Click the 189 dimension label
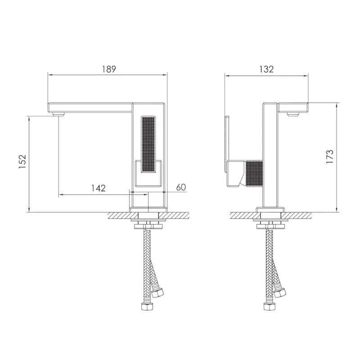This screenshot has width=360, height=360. tap(109, 69)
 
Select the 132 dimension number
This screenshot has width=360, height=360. tap(266, 69)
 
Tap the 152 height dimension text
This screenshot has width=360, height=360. tap(22, 162)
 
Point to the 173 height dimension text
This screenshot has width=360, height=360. tap(330, 157)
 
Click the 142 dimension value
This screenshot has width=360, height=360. tap(99, 188)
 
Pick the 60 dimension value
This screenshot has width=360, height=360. tap(181, 187)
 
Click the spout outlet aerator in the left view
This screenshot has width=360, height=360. tap(58, 114)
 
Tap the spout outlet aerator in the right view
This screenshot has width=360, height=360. tap(293, 114)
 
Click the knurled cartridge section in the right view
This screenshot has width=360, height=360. tap(254, 174)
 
